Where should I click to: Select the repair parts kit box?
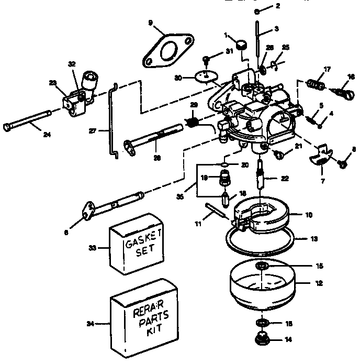click(x=143, y=317)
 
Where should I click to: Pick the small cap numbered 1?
click(x=242, y=47)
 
